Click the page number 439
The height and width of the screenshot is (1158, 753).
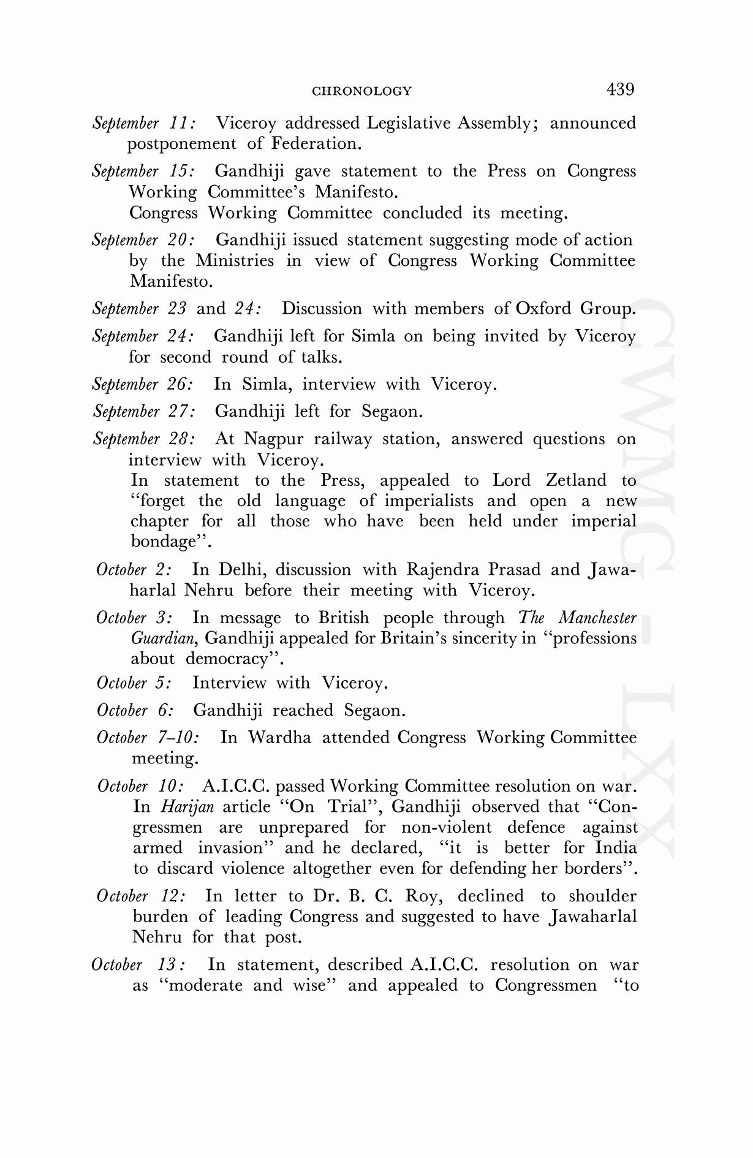[x=620, y=89]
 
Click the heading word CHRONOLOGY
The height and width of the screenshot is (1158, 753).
[x=361, y=91]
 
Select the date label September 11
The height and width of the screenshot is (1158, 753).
[x=144, y=123]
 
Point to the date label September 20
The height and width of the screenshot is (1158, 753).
[x=144, y=240]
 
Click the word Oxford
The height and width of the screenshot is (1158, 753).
[x=543, y=308]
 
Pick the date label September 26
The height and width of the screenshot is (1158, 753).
[x=143, y=385]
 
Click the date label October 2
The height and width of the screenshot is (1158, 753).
[x=134, y=570]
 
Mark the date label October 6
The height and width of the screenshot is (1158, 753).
[x=135, y=711]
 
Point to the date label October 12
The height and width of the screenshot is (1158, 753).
[x=141, y=896]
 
